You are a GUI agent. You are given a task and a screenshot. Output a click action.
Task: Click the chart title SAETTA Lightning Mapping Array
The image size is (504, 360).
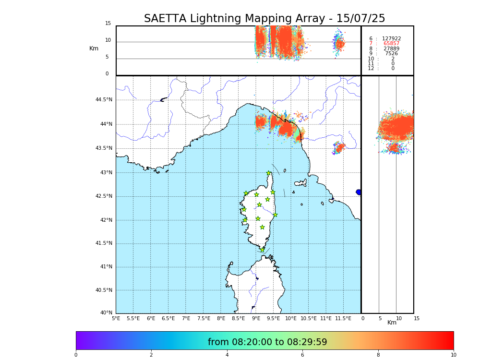pyautogui.click(x=264, y=19)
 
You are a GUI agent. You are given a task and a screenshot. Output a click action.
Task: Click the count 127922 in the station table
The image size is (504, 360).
pyautogui.click(x=391, y=39)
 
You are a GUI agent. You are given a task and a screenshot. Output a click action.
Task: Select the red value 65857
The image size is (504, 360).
pyautogui.click(x=391, y=44)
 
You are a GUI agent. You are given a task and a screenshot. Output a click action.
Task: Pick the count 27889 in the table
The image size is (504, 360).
pyautogui.click(x=391, y=49)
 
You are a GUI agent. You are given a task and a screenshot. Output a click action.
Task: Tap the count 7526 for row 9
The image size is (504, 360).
pyautogui.click(x=391, y=54)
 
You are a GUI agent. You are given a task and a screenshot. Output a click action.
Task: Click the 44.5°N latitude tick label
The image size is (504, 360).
pyautogui.click(x=103, y=100)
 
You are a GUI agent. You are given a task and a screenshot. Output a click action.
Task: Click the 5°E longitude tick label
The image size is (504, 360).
pyautogui.click(x=116, y=318)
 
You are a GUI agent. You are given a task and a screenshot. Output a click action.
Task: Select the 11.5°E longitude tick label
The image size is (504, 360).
pyautogui.click(x=343, y=318)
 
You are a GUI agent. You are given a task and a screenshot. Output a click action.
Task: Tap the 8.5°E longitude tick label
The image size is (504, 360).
pyautogui.click(x=238, y=318)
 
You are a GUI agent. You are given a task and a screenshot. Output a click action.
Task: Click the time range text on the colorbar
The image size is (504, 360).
pyautogui.click(x=267, y=342)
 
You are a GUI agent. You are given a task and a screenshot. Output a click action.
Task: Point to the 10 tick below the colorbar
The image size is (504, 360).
pyautogui.click(x=453, y=355)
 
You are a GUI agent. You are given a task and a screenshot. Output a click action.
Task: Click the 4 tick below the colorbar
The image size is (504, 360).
pyautogui.click(x=227, y=355)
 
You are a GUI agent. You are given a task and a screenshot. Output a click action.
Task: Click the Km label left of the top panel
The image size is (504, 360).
pyautogui.click(x=94, y=48)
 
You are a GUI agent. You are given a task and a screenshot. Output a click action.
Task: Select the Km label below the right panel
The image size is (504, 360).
pyautogui.click(x=392, y=323)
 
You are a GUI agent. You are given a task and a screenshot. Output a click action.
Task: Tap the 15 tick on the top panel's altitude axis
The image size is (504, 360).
pyautogui.click(x=108, y=24)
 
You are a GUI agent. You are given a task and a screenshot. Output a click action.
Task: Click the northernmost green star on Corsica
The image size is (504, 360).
pyautogui.click(x=269, y=173)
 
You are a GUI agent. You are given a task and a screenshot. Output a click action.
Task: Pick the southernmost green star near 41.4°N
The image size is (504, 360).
pyautogui.click(x=262, y=250)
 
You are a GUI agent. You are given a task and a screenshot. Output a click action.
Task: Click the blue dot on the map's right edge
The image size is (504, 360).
pyautogui.click(x=358, y=192)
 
